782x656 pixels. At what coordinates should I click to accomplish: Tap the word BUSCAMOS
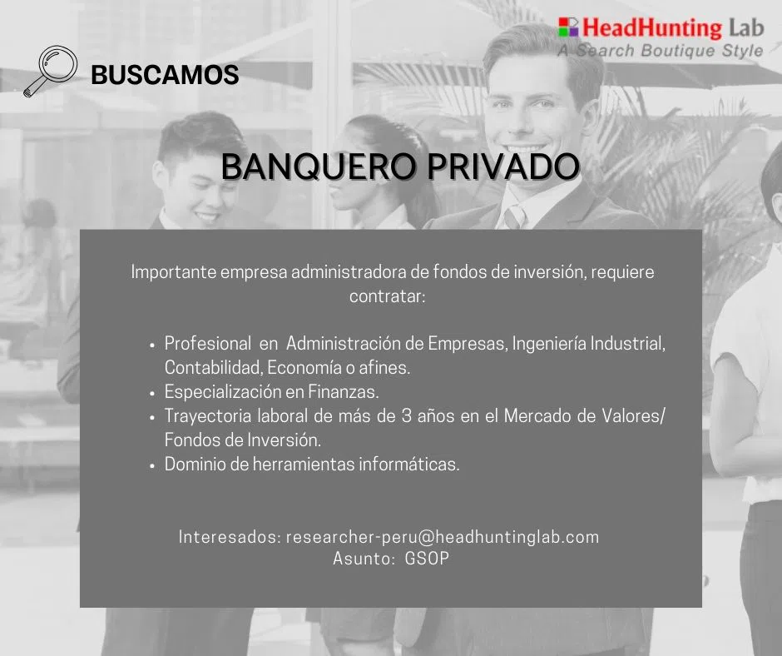pyautogui.click(x=165, y=75)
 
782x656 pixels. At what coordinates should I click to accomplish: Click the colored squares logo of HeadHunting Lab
pyautogui.click(x=568, y=27)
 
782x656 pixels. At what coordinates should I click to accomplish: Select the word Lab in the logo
pyautogui.click(x=746, y=27)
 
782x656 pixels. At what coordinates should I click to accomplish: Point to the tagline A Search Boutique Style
pyautogui.click(x=661, y=51)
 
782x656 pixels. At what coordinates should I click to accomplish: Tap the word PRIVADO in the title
pyautogui.click(x=503, y=166)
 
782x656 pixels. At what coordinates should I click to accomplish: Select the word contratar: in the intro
pyautogui.click(x=388, y=296)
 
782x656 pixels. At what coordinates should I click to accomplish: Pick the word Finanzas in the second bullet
pyautogui.click(x=344, y=391)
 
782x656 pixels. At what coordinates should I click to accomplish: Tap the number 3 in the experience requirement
pyautogui.click(x=407, y=416)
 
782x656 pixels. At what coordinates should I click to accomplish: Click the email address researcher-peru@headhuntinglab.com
pyautogui.click(x=443, y=537)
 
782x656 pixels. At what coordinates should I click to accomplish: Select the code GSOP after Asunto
pyautogui.click(x=427, y=558)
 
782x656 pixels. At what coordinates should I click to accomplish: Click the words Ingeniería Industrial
pyautogui.click(x=588, y=344)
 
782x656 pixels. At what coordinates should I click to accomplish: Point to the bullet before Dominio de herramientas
pyautogui.click(x=152, y=466)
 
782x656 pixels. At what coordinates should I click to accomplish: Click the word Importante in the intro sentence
pyautogui.click(x=173, y=272)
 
